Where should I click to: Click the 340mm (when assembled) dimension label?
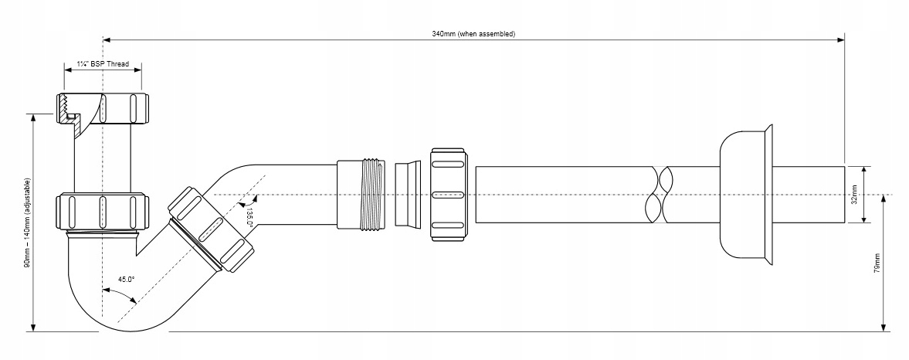tap(473, 34)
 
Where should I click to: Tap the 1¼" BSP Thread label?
tap(103, 65)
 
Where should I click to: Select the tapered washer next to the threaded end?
tap(404, 195)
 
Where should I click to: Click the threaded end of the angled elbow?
tap(361, 194)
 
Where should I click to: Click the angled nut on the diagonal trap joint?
tap(210, 229)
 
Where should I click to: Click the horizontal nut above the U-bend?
tap(102, 210)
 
